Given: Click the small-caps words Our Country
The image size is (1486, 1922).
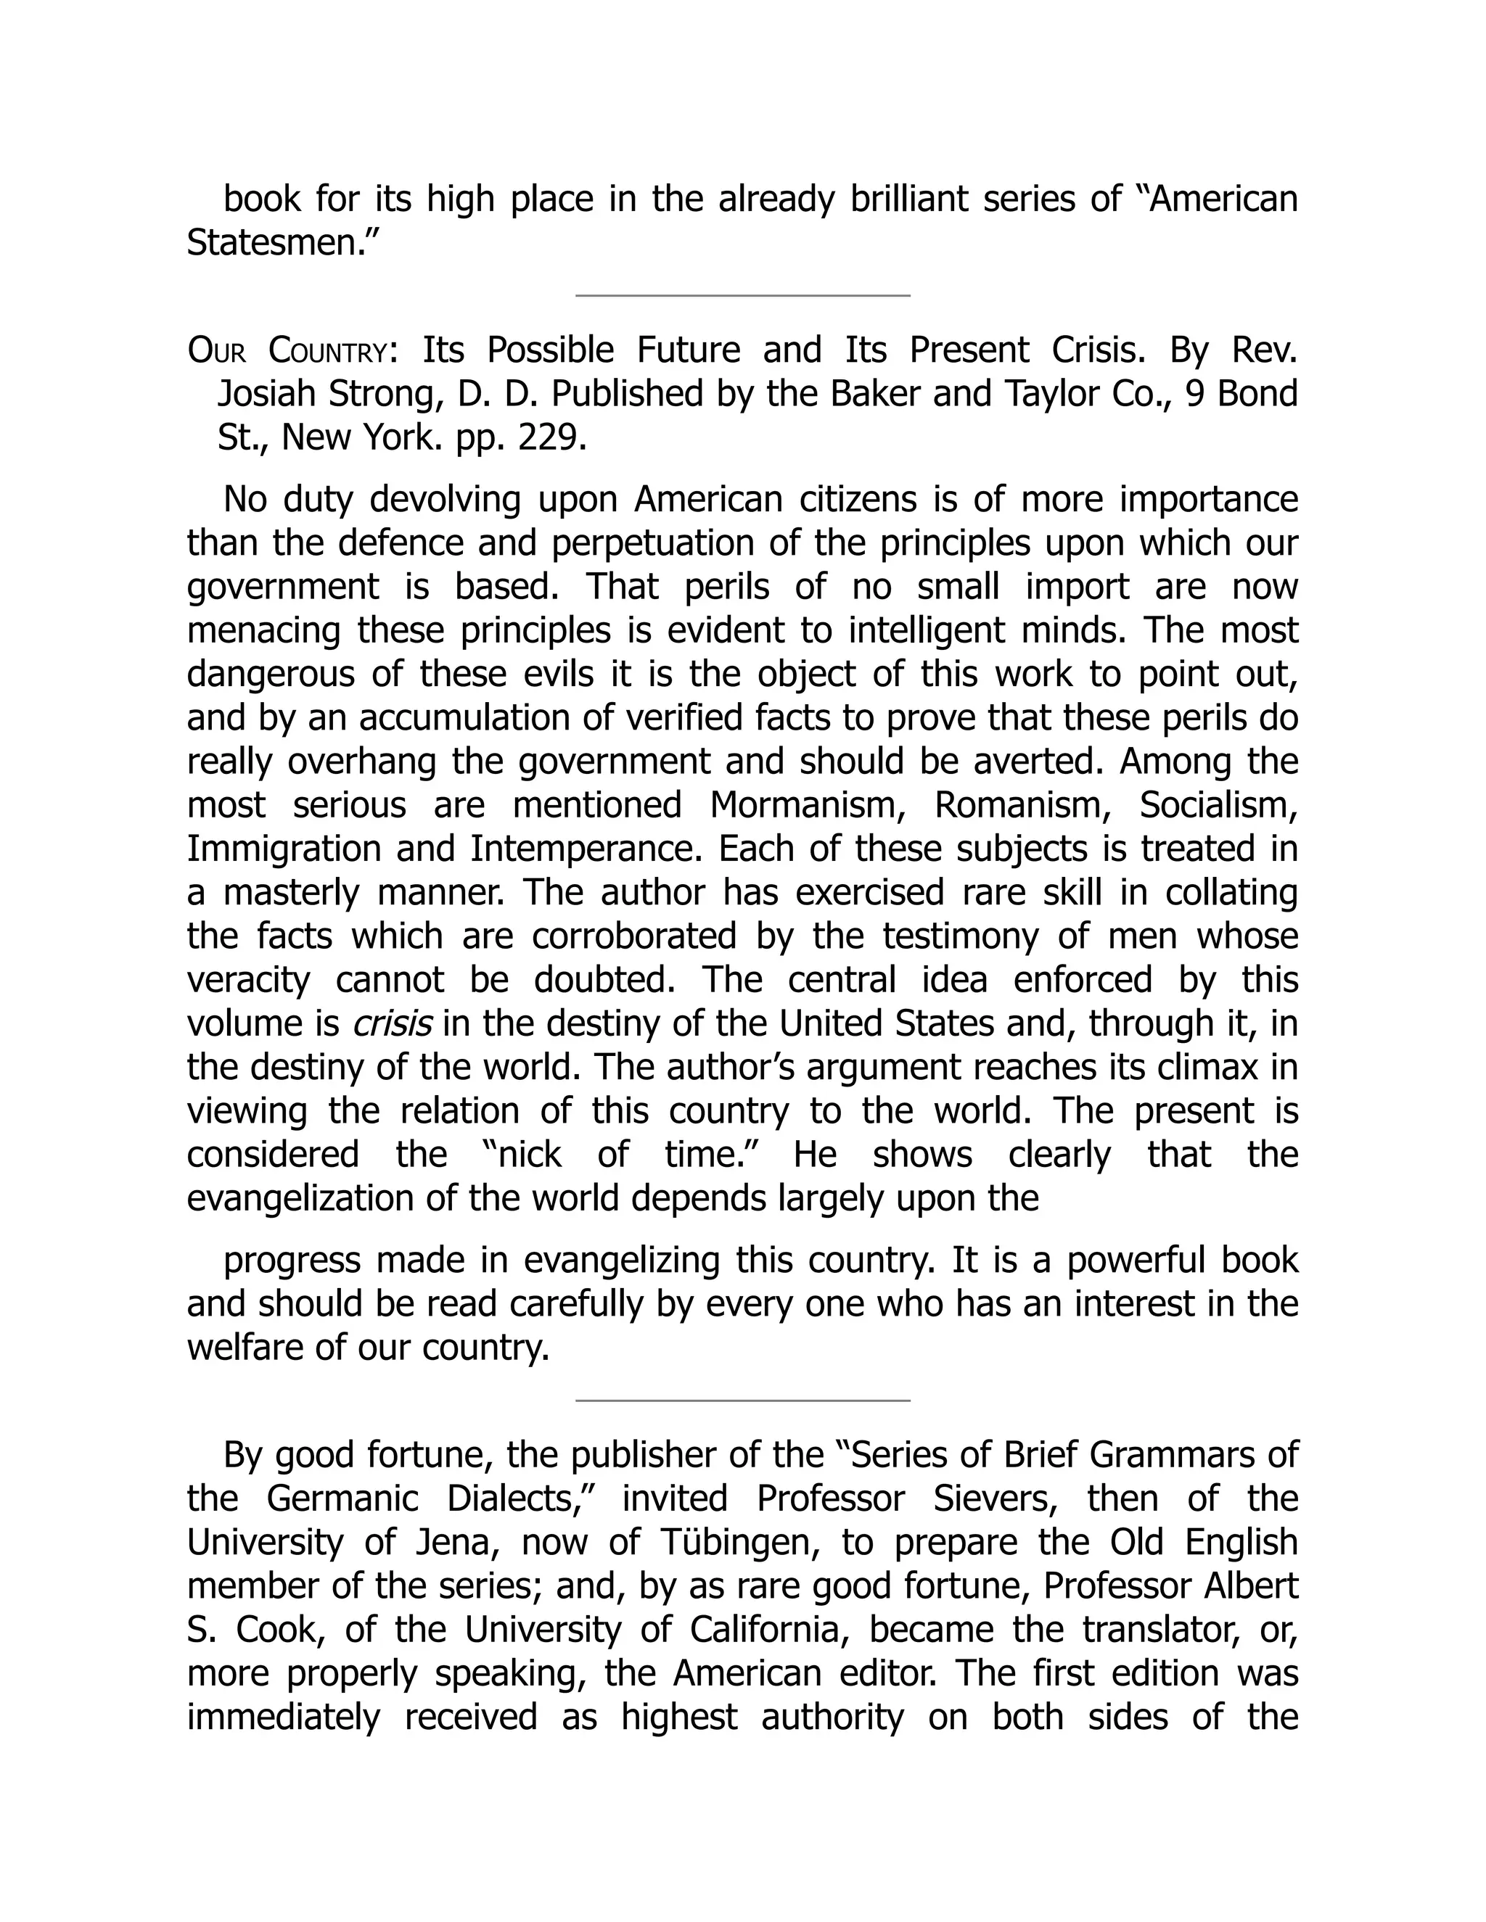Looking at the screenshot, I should [x=287, y=351].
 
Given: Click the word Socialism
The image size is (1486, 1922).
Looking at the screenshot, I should [x=1218, y=804].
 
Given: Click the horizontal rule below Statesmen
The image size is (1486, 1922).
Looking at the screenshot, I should [x=742, y=296].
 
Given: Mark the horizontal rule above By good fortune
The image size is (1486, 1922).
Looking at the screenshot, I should [x=742, y=1399].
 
